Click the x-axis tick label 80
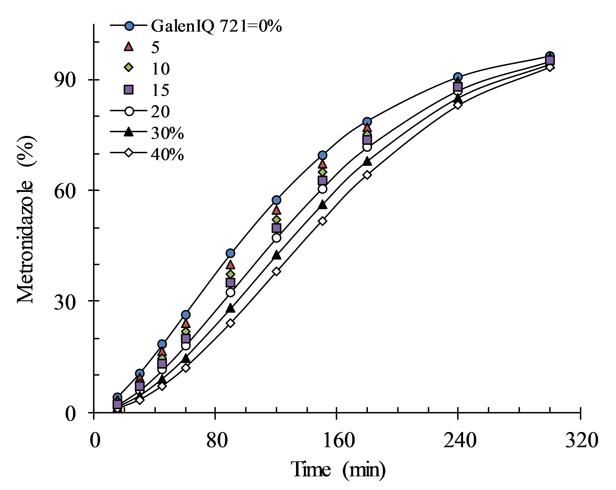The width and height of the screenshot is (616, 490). (217, 440)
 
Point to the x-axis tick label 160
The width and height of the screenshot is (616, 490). (339, 440)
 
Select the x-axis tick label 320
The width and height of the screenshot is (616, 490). (582, 440)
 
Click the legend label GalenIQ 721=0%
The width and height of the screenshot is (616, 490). (216, 26)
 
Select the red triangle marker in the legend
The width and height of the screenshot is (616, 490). (129, 47)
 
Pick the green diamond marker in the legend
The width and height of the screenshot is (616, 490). (129, 68)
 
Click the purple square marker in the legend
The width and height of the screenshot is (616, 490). (129, 89)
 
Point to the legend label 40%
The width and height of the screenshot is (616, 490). (167, 155)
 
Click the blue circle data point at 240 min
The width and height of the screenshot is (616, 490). (458, 77)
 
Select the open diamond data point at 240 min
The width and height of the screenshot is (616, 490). (458, 105)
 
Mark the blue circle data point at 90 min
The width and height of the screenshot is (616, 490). (230, 253)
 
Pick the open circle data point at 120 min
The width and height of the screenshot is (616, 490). (276, 238)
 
